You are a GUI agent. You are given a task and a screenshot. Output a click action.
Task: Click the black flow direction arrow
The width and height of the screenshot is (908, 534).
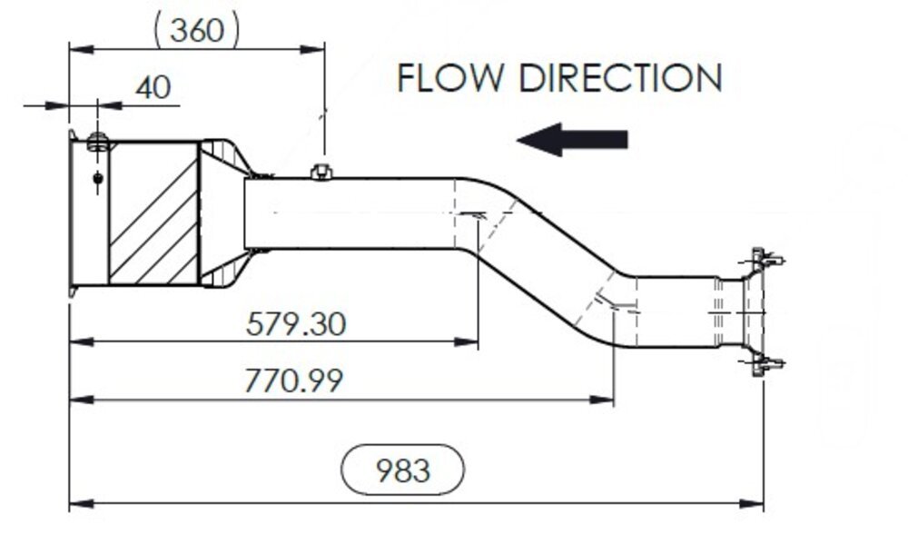(572, 139)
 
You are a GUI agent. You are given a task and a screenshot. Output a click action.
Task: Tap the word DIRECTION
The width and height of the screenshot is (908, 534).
(620, 78)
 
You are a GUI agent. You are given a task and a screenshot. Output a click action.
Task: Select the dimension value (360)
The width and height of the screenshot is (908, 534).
(197, 30)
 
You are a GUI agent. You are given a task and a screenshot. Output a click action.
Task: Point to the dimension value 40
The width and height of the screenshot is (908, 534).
(153, 87)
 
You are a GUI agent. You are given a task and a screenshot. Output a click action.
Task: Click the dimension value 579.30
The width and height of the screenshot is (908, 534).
(296, 323)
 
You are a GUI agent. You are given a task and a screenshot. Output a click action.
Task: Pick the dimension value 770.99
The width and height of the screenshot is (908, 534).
(293, 380)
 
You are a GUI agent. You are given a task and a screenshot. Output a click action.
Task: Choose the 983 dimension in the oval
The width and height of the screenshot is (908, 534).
(402, 470)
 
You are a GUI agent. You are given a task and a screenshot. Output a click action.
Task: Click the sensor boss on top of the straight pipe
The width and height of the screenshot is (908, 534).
(321, 171)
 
